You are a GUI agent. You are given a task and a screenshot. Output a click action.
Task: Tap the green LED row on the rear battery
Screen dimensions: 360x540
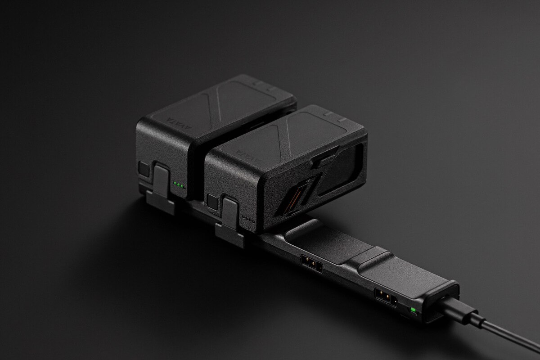click(179, 185)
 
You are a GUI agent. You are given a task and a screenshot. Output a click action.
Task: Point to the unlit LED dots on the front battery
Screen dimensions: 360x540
click(248, 219)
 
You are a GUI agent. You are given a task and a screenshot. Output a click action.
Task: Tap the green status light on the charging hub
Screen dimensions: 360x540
click(413, 310)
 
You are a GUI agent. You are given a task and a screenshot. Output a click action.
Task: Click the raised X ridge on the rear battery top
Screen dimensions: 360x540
click(216, 99)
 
